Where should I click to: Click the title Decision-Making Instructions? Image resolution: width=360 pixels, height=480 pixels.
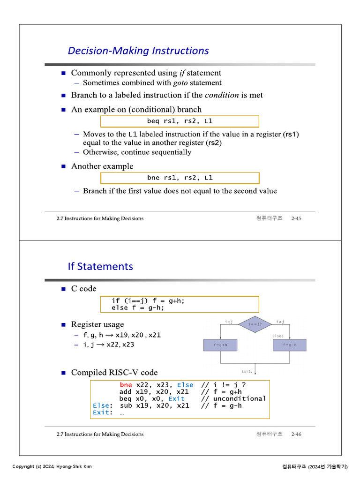(138, 51)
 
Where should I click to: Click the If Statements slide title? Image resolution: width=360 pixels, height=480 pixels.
(100, 266)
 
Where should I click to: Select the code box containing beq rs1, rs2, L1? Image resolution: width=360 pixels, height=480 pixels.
(180, 121)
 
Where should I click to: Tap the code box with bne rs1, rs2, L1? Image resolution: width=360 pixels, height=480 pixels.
(180, 178)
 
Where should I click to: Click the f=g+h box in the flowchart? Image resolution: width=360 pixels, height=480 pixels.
(220, 345)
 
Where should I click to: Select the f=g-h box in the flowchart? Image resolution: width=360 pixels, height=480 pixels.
(289, 345)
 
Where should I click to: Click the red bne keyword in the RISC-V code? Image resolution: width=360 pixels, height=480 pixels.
(126, 385)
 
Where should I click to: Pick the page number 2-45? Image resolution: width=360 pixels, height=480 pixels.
(296, 218)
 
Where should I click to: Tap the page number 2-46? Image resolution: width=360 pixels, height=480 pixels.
(296, 434)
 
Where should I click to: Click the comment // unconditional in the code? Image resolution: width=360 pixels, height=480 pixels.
(233, 398)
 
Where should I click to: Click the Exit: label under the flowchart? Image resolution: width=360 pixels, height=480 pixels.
(247, 371)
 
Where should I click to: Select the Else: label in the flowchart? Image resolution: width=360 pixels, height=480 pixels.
(278, 336)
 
